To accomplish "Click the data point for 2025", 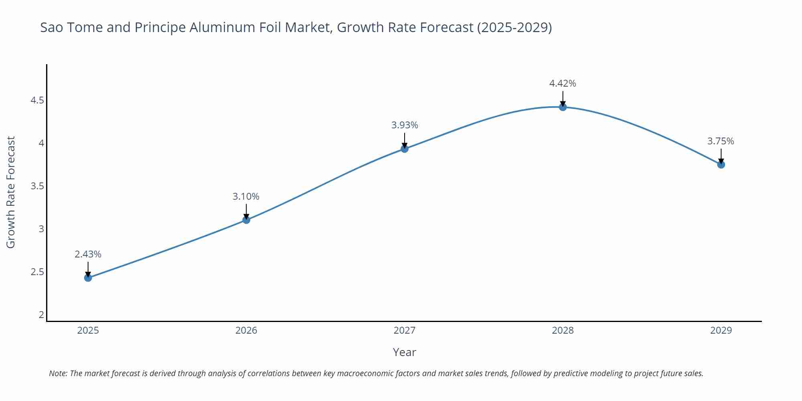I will tap(88, 277).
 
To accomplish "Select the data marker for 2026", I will tap(246, 220).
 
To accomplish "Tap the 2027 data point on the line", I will tap(405, 149).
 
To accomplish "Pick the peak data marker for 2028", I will tap(563, 107).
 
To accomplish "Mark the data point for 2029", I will tap(721, 164).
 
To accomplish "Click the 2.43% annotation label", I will tap(88, 254).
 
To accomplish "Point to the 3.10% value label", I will tap(246, 196).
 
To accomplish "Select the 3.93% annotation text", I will tap(405, 125).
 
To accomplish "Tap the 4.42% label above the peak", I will tap(563, 83).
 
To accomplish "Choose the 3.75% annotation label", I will tap(721, 141).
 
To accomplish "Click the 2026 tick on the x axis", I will tap(246, 330).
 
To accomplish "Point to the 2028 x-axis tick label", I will tap(563, 330).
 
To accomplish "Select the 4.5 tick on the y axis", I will tap(37, 100).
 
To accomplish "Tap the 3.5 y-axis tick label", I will tap(37, 186).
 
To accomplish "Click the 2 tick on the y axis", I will tap(41, 315).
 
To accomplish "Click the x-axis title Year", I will tap(404, 352).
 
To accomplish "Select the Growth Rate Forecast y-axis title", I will tap(11, 192).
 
